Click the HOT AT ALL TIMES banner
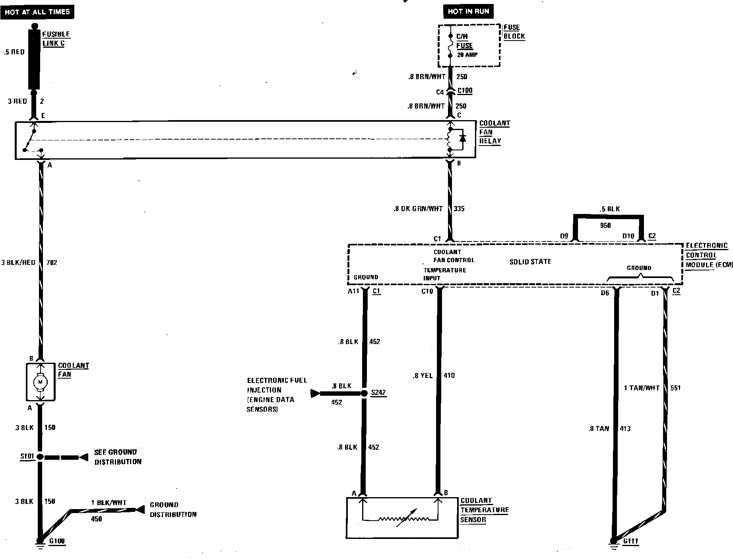click(x=37, y=12)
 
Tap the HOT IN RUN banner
click(x=468, y=11)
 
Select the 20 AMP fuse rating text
click(x=467, y=55)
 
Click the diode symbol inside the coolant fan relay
click(x=462, y=138)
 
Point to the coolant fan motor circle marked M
click(x=40, y=382)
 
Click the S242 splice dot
click(x=364, y=393)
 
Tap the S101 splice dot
click(x=40, y=457)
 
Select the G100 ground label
click(x=56, y=541)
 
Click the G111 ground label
click(x=630, y=541)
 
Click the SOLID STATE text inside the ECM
click(x=530, y=261)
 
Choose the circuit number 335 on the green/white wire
click(x=459, y=208)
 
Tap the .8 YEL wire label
click(x=422, y=375)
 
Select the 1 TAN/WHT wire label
click(x=641, y=388)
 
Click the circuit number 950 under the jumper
click(x=605, y=226)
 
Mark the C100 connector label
click(x=465, y=91)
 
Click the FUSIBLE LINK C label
click(x=56, y=39)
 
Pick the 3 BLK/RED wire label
click(x=18, y=262)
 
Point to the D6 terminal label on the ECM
click(x=605, y=293)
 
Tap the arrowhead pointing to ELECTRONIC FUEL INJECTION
click(x=315, y=393)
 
